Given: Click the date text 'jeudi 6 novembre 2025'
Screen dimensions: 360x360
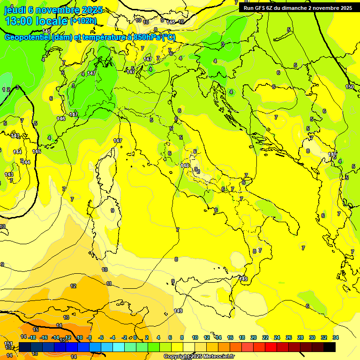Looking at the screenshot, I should pyautogui.click(x=53, y=10).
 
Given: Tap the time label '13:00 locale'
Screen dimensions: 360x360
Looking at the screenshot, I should pyautogui.click(x=36, y=22).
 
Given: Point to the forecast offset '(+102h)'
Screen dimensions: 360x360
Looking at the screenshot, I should pyautogui.click(x=83, y=21).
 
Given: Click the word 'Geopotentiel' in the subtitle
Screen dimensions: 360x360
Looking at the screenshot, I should pyautogui.click(x=27, y=37).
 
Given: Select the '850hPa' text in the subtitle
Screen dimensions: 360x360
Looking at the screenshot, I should pyautogui.click(x=147, y=37).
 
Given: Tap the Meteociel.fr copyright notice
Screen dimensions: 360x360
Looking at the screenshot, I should pyautogui.click(x=199, y=357).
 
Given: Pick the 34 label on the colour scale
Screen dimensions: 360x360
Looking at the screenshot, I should pyautogui.click(x=335, y=337).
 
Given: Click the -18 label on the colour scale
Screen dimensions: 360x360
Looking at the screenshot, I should pyautogui.click(x=32, y=337).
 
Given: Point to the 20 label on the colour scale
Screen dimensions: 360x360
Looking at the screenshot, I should pyautogui.click(x=254, y=337).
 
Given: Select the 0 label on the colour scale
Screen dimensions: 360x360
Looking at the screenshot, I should pyautogui.click(x=135, y=337).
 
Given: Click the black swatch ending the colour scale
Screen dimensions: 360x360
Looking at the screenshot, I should pyautogui.click(x=330, y=347).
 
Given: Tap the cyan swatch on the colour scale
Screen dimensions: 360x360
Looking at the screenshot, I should pyautogui.click(x=119, y=347).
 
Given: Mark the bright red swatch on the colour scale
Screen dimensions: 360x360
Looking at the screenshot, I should pyautogui.click(x=271, y=347).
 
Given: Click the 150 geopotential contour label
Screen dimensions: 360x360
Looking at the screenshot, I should pyautogui.click(x=350, y=87).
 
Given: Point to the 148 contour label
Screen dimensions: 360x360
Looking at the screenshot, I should pyautogui.click(x=185, y=165).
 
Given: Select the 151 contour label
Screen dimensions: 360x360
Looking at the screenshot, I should pyautogui.click(x=8, y=344).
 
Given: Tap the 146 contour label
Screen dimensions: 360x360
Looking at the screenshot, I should pyautogui.click(x=61, y=119).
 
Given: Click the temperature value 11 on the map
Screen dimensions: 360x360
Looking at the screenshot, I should pyautogui.click(x=109, y=284).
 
